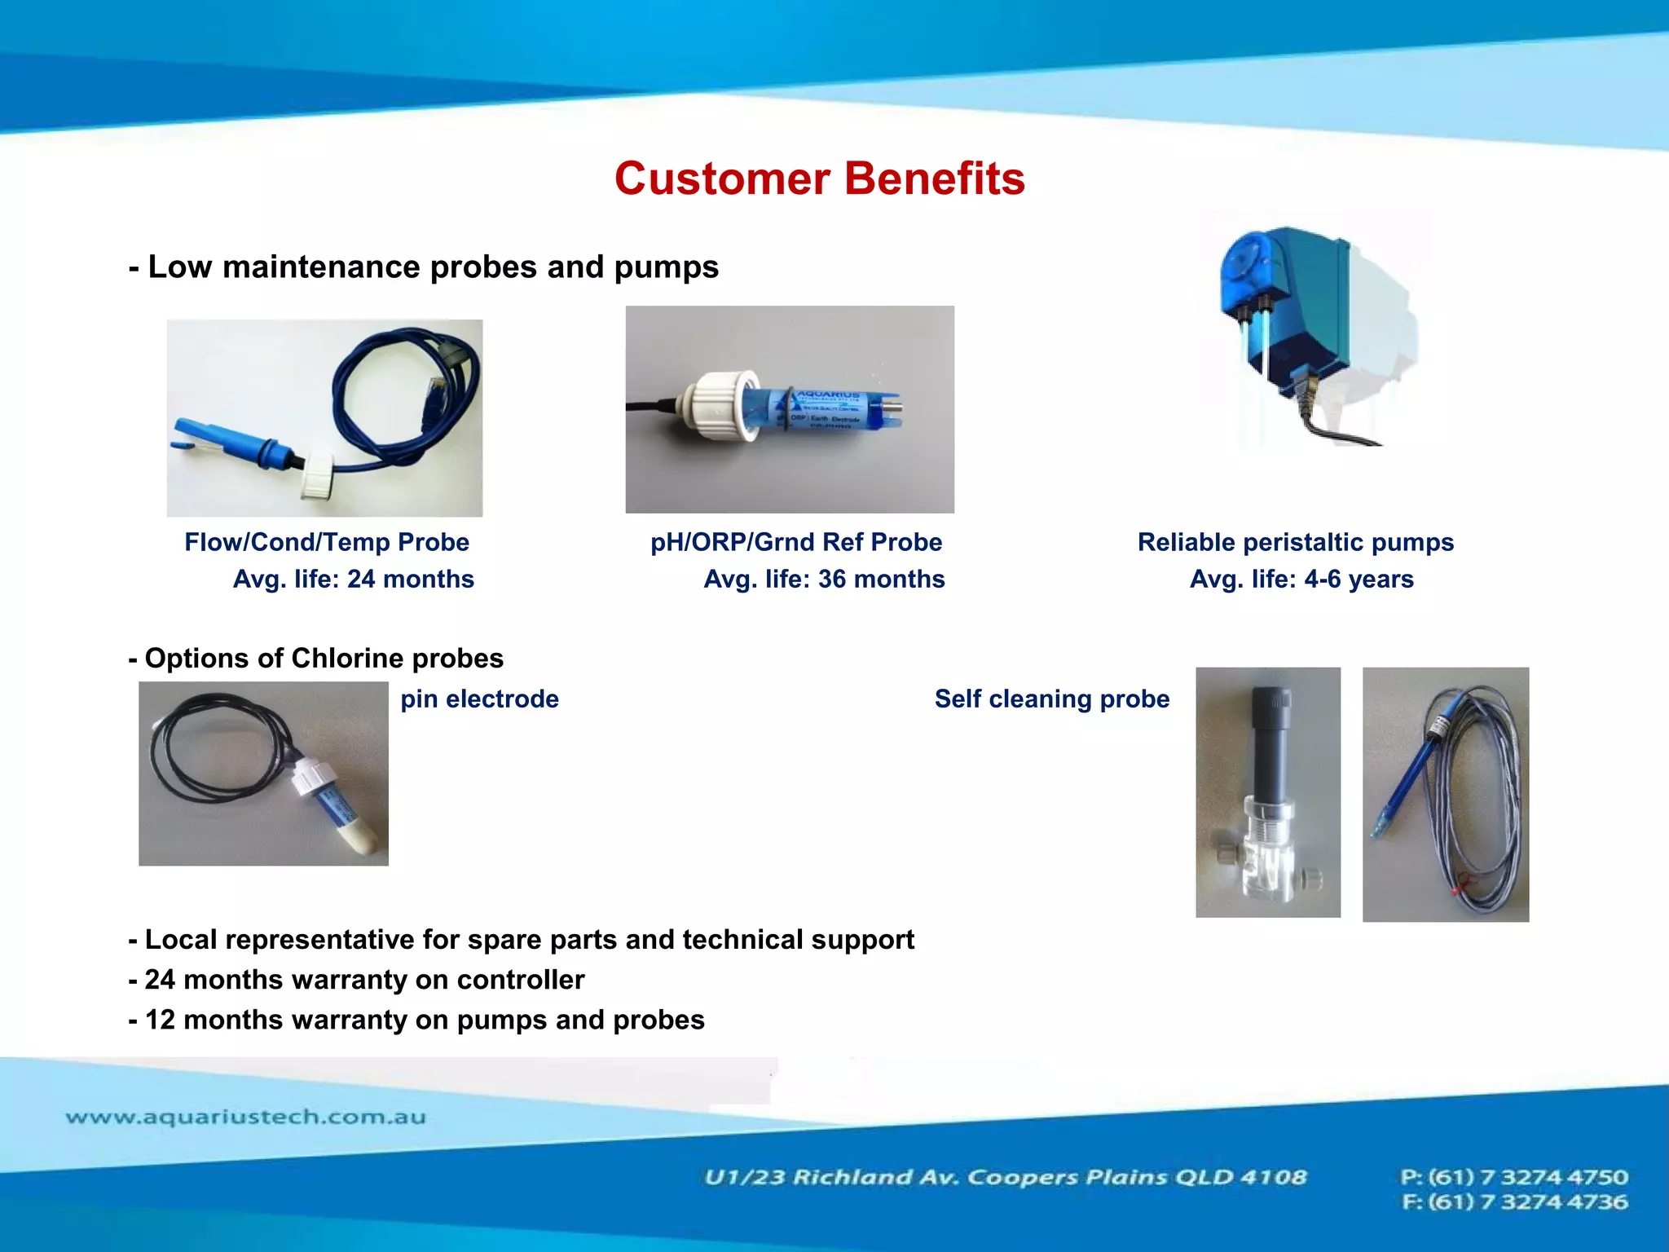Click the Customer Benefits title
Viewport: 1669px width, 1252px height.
click(x=819, y=179)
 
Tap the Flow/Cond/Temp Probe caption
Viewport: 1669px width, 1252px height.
click(x=326, y=542)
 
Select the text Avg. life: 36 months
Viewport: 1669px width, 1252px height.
click(x=823, y=579)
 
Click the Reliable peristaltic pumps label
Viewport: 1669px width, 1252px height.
click(x=1295, y=542)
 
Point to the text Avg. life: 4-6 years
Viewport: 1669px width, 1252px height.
click(x=1301, y=579)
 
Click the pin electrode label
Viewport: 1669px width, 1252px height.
click(x=479, y=699)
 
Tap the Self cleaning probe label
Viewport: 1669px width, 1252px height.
click(x=1051, y=699)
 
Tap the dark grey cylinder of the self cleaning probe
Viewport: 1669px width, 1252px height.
click(x=1271, y=742)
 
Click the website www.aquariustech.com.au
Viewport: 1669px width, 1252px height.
click(x=245, y=1117)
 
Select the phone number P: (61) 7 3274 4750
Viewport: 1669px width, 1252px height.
click(x=1513, y=1177)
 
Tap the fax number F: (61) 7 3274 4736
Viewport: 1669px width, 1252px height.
click(x=1513, y=1202)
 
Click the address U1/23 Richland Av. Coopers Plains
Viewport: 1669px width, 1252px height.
click(x=1005, y=1177)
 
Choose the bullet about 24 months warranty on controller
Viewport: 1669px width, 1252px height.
click(x=356, y=979)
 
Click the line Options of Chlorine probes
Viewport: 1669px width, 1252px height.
click(x=315, y=658)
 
